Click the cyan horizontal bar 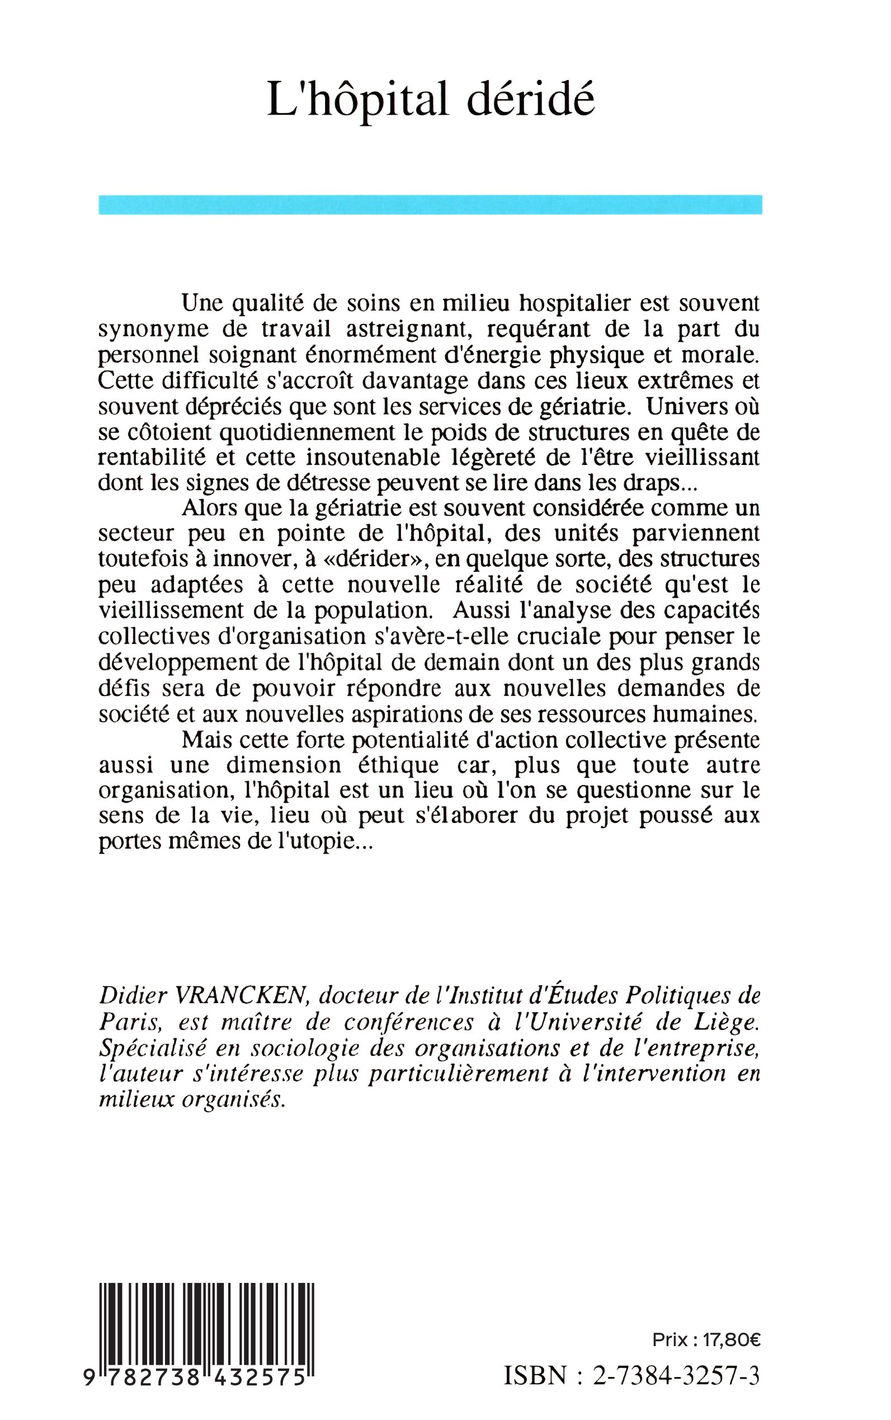pyautogui.click(x=430, y=205)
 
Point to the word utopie pyautogui.click(x=334, y=841)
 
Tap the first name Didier pyautogui.click(x=131, y=996)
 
